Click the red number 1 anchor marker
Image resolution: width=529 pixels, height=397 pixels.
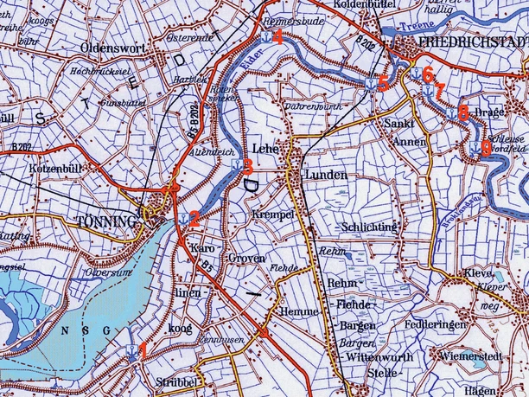click(143, 349)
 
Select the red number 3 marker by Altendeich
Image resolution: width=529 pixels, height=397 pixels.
click(247, 164)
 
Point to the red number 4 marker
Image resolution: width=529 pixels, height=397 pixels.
click(277, 36)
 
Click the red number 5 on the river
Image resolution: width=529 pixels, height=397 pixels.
click(383, 85)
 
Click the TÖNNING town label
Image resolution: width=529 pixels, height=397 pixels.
click(106, 221)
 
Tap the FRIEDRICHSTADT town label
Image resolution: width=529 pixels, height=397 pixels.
click(472, 42)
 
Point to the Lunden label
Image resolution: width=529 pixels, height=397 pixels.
click(326, 176)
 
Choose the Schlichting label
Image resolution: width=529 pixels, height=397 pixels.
click(370, 227)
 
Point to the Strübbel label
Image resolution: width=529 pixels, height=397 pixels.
click(177, 381)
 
